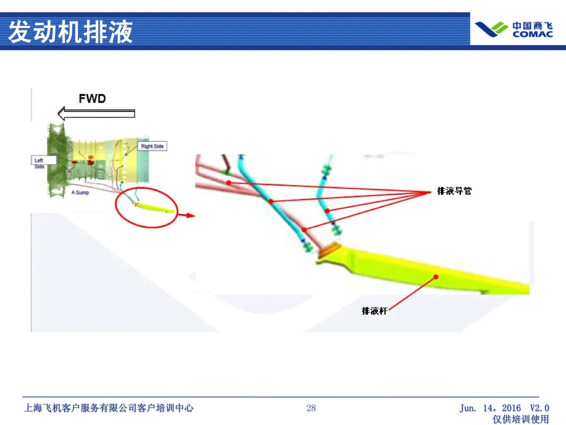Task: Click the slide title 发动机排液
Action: coord(71,31)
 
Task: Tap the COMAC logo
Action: coord(514,29)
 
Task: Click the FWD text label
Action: coord(92,99)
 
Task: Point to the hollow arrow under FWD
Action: coord(96,113)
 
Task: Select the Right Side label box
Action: coord(152,146)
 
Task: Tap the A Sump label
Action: coord(80,193)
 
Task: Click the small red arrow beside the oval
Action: coord(186,215)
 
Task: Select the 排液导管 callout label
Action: coord(454,191)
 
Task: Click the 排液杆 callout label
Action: coord(374,311)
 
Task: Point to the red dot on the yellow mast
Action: coord(436,277)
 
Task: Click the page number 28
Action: coord(311,408)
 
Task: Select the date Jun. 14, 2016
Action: coord(490,408)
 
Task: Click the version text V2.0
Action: coord(539,408)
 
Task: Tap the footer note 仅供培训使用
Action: coord(520,419)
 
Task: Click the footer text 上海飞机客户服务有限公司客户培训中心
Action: coord(108,408)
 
